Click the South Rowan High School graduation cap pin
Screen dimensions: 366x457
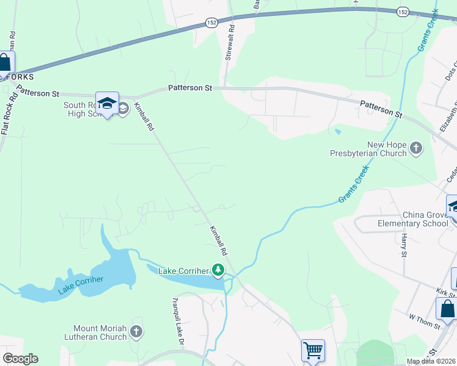(x=107, y=103)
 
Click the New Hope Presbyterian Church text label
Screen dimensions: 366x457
(x=368, y=149)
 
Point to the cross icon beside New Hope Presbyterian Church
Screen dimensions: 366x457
(x=416, y=148)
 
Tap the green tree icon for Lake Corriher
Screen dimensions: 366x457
(x=218, y=270)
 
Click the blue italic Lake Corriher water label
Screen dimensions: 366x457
(x=81, y=286)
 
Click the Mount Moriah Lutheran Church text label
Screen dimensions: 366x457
(x=96, y=332)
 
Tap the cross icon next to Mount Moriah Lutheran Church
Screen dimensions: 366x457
(x=136, y=332)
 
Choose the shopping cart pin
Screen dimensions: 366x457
(x=313, y=351)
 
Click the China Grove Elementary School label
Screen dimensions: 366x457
(x=425, y=219)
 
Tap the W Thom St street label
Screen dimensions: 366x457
(x=424, y=321)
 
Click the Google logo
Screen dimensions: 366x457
(x=20, y=358)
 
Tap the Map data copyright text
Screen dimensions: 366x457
(x=431, y=362)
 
